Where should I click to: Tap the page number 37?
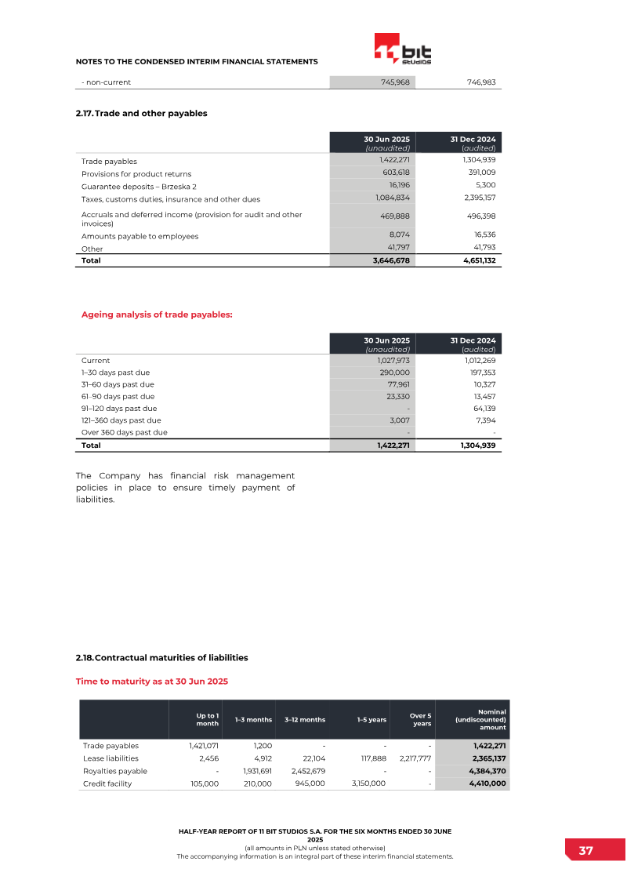(x=585, y=851)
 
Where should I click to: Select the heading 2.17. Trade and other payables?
(x=141, y=114)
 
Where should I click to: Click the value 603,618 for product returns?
(x=393, y=173)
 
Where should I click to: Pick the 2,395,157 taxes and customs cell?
(x=479, y=198)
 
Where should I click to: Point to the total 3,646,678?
(x=391, y=260)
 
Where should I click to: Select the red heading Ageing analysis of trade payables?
(x=157, y=314)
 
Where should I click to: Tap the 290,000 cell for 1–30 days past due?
(x=394, y=373)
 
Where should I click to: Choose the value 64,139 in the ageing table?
(x=481, y=409)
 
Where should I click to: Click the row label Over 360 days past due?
(x=125, y=432)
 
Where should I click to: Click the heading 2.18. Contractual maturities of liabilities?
(x=161, y=657)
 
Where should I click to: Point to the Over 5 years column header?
(x=421, y=719)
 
